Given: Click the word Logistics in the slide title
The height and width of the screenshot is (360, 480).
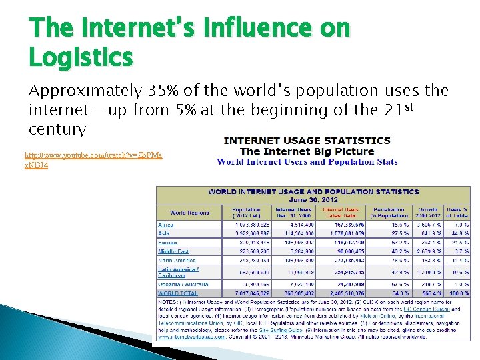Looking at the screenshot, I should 81,57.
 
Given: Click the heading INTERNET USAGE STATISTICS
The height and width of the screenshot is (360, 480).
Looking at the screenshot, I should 307,141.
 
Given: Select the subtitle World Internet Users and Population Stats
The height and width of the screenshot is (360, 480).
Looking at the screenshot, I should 307,161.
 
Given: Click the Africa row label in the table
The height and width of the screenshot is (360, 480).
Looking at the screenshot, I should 166,225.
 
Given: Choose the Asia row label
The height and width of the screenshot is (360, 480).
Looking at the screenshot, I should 163,233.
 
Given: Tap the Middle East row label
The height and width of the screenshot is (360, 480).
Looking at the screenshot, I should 173,251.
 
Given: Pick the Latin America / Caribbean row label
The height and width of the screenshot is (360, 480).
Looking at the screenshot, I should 178,272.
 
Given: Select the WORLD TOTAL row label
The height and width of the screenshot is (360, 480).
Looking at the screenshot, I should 178,293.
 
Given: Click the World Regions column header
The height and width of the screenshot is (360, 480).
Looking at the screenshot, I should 189,213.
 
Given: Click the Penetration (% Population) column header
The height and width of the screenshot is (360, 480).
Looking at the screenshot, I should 387,213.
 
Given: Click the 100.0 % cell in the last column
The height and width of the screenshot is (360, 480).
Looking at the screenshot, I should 458,293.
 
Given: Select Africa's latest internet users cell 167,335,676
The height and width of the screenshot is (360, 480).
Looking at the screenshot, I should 341,225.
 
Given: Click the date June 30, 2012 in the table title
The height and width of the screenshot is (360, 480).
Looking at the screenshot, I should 313,199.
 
